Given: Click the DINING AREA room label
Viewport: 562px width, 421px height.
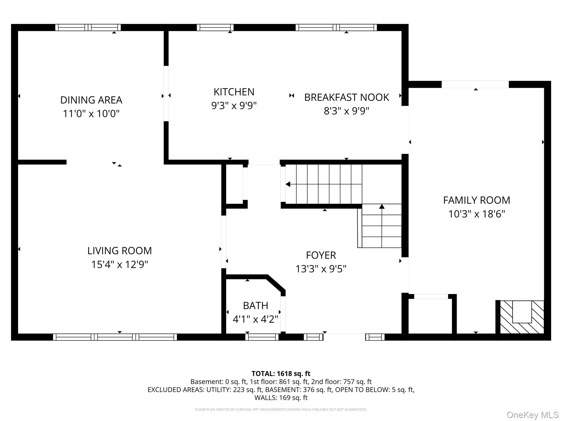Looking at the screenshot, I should point(91,100).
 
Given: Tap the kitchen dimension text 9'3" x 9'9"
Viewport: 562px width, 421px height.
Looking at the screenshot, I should point(234,106).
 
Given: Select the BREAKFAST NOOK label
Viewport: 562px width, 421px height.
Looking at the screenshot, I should point(346,98).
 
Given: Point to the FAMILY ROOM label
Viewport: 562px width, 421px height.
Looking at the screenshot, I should point(476,200).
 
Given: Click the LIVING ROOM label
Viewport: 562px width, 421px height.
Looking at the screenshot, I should point(119,251).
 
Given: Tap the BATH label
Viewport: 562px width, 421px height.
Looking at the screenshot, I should point(255,306).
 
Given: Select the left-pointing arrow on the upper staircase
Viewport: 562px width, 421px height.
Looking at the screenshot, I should point(288,184).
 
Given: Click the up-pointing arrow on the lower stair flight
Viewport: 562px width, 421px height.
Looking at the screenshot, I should point(382,207).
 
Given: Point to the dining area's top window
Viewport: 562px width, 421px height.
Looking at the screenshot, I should point(88,27).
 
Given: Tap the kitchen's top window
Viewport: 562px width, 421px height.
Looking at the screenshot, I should point(215,27).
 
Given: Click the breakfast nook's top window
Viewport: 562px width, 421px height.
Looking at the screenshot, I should point(336,27).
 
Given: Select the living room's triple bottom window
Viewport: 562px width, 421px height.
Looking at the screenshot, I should point(115,337).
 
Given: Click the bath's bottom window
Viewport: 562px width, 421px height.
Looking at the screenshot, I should point(262,337).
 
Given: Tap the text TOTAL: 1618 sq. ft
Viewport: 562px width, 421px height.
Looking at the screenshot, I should point(281,374).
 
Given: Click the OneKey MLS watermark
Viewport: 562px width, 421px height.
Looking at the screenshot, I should point(532,415).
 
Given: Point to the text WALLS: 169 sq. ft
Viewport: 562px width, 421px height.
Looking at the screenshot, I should point(281,398).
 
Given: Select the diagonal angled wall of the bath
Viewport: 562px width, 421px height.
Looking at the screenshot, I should point(276,283).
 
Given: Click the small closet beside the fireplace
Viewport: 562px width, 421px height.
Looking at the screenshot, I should point(430,317).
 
